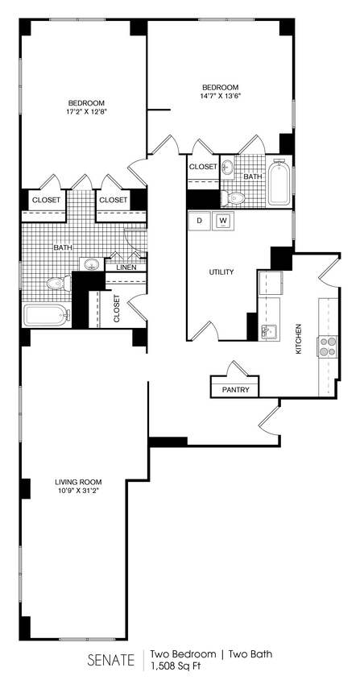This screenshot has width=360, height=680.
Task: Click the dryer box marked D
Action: tap(199, 221)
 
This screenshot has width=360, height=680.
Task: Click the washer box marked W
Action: tap(223, 221)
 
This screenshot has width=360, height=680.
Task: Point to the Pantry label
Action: tap(235, 390)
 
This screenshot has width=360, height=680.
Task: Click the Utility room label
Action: tap(221, 272)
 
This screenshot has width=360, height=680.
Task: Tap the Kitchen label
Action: tap(298, 339)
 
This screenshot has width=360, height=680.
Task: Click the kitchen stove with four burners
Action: tap(328, 346)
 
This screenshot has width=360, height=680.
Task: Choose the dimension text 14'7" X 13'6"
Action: tap(220, 96)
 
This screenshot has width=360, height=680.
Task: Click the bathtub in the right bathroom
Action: tap(279, 183)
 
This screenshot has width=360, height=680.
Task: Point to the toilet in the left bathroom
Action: tap(56, 284)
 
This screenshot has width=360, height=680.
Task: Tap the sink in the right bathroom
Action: tap(228, 168)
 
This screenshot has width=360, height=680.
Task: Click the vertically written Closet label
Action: tap(117, 309)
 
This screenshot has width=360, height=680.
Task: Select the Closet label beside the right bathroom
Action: tap(203, 166)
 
